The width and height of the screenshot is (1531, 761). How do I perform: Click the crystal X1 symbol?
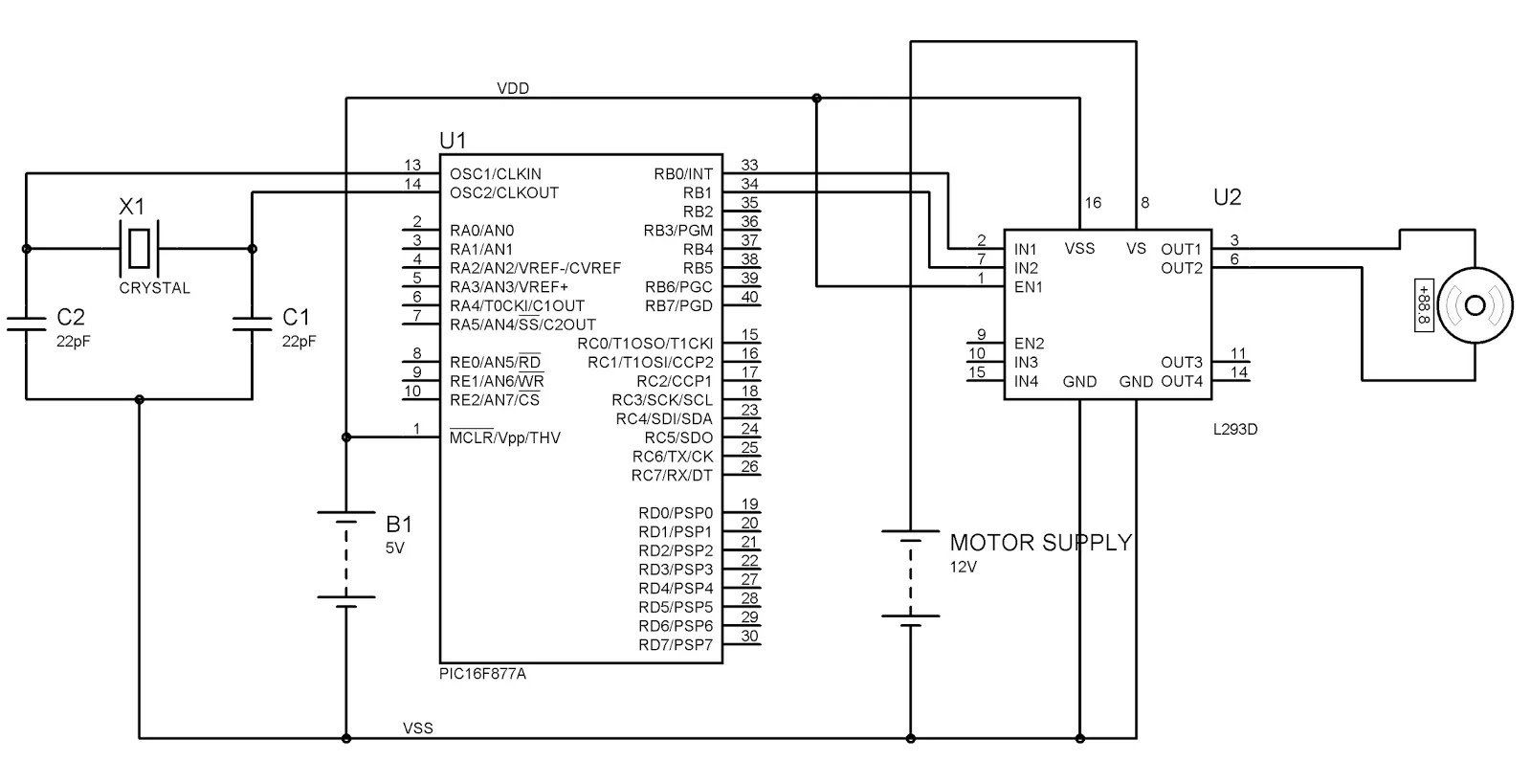140,248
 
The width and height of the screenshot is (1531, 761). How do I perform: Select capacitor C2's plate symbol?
27,324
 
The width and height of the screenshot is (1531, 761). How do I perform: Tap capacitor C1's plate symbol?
253,324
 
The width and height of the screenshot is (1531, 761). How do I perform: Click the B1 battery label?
399,525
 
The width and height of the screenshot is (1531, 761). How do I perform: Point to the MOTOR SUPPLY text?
1040,543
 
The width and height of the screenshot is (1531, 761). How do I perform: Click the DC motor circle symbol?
1475,305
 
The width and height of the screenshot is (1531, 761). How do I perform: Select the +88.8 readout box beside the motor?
1424,305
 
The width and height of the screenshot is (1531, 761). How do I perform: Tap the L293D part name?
1235,430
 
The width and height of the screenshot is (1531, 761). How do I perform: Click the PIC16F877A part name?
482,674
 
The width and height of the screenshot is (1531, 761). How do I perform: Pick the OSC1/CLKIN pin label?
496,174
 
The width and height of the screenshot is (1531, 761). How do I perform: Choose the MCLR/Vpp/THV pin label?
504,437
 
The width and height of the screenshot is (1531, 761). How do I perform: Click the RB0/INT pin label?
683,174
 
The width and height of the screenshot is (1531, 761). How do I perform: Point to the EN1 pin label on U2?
1028,287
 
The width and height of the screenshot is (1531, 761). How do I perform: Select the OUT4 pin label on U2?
1182,382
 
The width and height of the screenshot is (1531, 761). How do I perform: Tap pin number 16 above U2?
1093,202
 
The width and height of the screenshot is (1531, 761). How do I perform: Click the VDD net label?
513,88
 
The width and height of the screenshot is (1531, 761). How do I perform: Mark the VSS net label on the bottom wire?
417,728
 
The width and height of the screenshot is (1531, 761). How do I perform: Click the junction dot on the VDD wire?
816,99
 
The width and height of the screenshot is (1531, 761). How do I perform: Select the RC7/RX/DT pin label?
672,475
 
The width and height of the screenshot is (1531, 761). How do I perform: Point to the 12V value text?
963,567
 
